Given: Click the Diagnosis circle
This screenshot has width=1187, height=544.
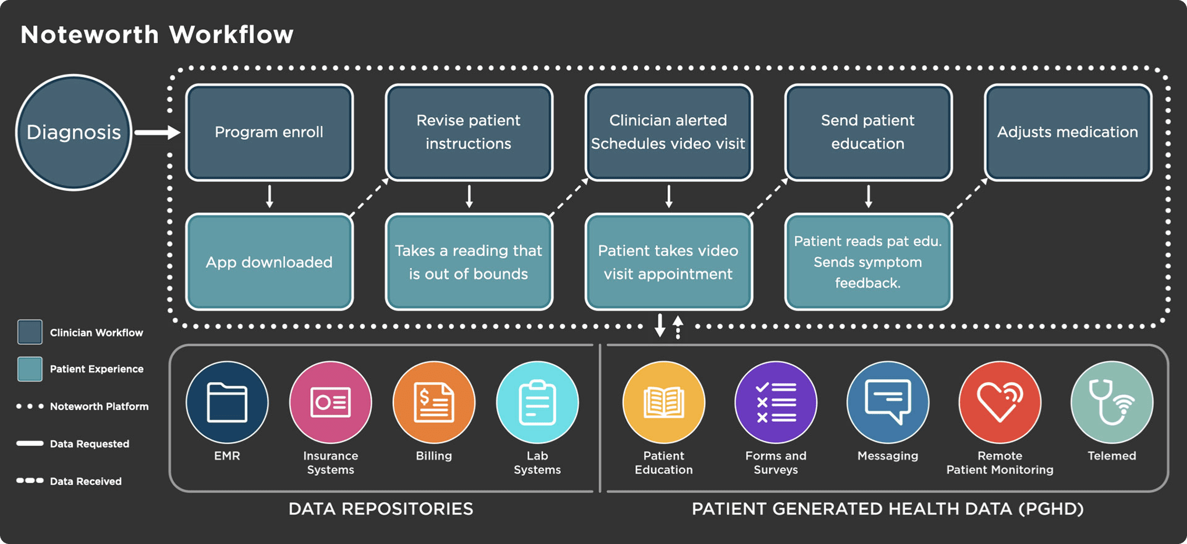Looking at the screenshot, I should (74, 132).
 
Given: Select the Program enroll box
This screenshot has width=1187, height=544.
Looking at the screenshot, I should (269, 132).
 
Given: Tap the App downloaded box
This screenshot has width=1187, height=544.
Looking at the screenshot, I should (269, 262).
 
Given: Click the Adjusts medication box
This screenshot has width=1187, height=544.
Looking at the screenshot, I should (1068, 132).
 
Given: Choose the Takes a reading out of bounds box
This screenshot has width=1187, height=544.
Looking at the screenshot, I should (469, 262).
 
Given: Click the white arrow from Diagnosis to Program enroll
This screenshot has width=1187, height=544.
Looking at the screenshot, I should (157, 133).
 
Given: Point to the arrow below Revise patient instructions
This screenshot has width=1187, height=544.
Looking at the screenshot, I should (469, 197).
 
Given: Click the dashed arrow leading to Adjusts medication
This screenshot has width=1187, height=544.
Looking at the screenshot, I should (969, 197).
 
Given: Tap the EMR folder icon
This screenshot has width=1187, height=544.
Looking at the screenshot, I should (227, 402).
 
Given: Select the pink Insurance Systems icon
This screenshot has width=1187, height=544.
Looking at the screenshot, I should (330, 402).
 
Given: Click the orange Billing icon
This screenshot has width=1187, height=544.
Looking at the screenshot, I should (433, 402).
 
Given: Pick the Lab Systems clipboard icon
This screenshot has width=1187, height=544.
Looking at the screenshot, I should (537, 402).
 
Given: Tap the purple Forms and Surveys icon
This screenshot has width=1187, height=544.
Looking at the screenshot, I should (776, 402).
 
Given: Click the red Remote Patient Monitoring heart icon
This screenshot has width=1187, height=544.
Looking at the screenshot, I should (1000, 402).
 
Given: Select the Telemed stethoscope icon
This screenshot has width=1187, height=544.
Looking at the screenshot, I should (1111, 402).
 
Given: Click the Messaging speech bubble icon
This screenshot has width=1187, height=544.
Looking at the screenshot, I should (888, 402).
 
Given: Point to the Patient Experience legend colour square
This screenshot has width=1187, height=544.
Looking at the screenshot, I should (30, 369).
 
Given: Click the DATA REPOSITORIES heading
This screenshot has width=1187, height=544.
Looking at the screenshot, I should (381, 509).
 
